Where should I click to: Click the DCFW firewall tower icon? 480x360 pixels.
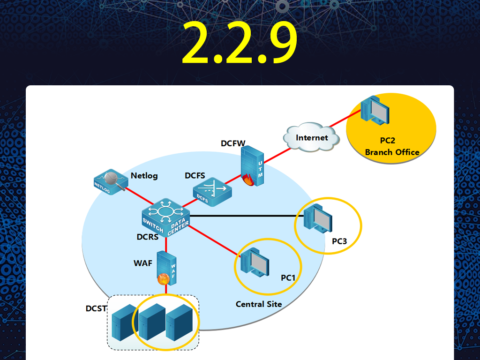point(252,166)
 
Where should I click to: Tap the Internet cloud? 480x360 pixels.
point(311,137)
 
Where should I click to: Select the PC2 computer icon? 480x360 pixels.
point(375,111)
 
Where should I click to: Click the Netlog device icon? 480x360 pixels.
point(111,182)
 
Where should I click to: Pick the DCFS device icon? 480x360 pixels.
point(212,192)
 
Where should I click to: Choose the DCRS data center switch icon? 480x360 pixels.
point(166,217)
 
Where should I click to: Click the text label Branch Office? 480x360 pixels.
point(392,152)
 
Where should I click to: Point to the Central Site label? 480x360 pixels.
point(259,304)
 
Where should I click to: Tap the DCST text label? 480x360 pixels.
point(96,308)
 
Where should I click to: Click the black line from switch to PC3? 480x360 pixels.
point(247,216)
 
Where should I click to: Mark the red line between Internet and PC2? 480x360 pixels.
point(345,119)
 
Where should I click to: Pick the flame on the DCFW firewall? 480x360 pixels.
point(248,180)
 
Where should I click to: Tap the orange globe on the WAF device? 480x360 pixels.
point(164,279)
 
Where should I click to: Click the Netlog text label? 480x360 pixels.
point(144,176)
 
